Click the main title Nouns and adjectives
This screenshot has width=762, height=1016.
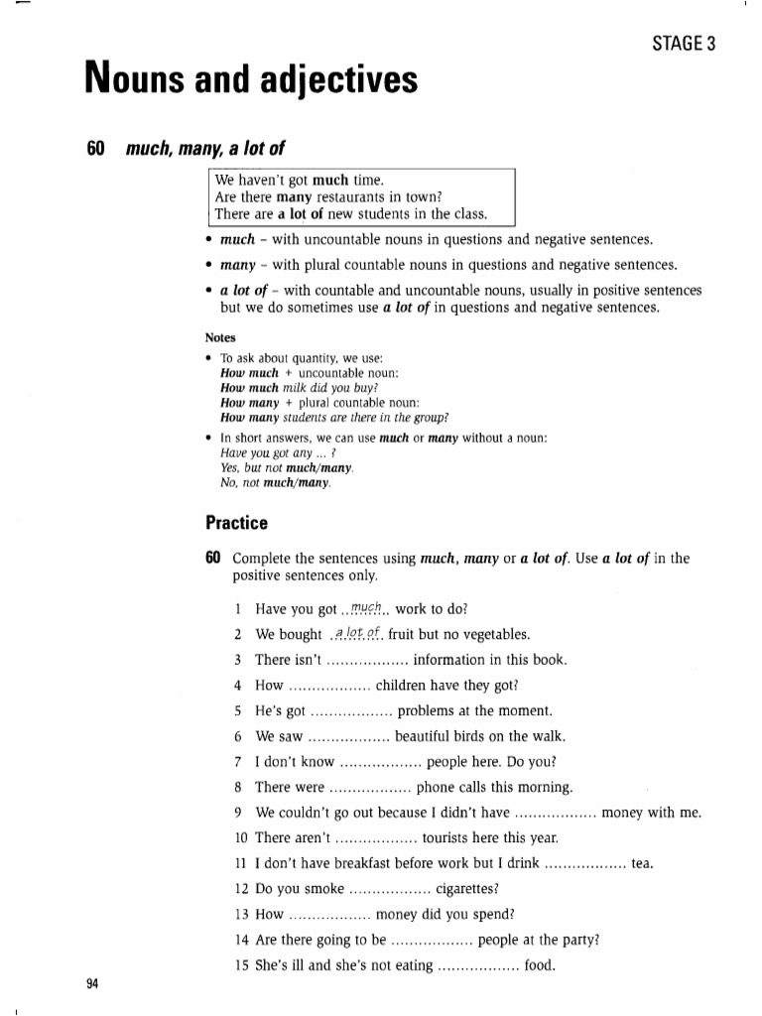[252, 79]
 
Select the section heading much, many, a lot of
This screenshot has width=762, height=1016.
[205, 149]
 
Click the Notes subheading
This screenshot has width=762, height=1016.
[220, 337]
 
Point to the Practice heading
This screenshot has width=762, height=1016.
[236, 523]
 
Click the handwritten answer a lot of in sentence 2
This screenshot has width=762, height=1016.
[357, 634]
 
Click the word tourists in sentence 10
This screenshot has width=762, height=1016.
[451, 837]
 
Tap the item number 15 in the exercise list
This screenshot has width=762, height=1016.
[241, 965]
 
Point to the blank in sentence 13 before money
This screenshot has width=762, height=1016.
[329, 914]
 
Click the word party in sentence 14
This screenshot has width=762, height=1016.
[578, 940]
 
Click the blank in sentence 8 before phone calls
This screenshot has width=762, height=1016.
[369, 787]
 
